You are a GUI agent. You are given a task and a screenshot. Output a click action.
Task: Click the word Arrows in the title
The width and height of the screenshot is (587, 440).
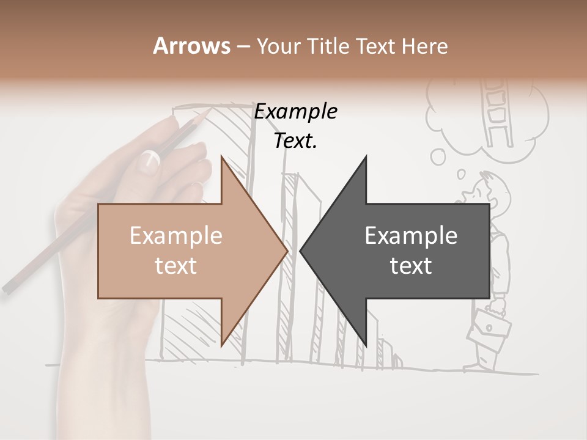(191, 46)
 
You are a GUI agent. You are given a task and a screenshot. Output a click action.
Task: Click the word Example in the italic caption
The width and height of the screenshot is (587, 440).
(296, 112)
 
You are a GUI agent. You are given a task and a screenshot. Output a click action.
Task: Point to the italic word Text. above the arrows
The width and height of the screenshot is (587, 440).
(296, 141)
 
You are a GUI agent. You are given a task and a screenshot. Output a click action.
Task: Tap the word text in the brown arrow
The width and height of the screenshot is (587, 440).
(175, 266)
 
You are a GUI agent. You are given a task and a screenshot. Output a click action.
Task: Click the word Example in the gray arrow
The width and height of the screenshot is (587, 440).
(411, 236)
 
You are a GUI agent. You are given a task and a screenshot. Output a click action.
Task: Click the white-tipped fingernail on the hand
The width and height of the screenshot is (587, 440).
(150, 161)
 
